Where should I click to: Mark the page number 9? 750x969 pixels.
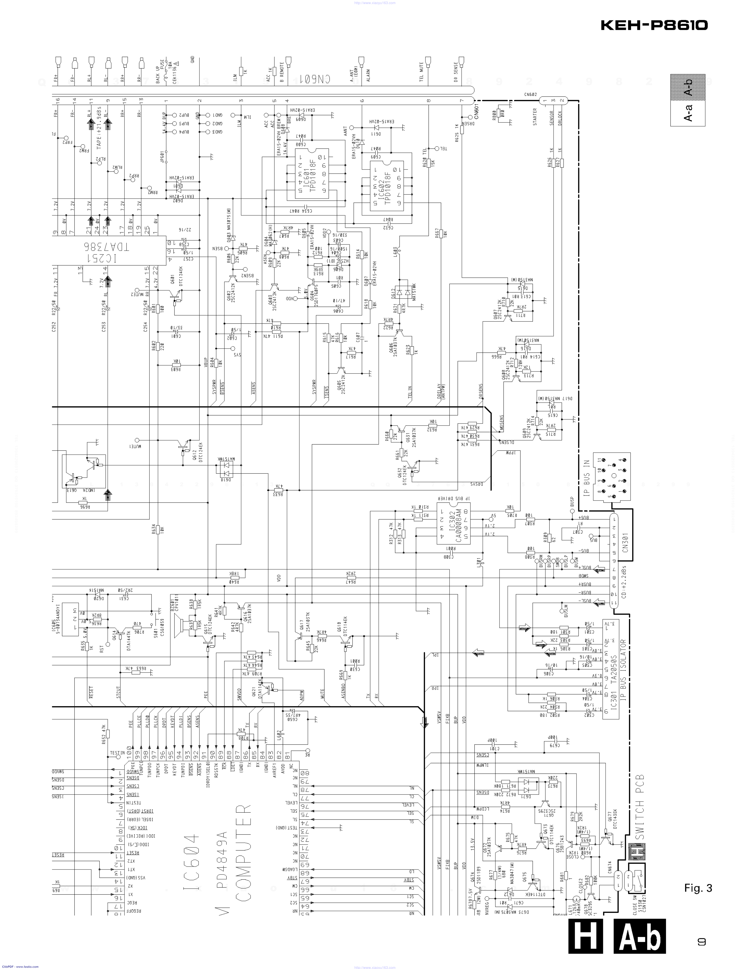(x=701, y=938)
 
